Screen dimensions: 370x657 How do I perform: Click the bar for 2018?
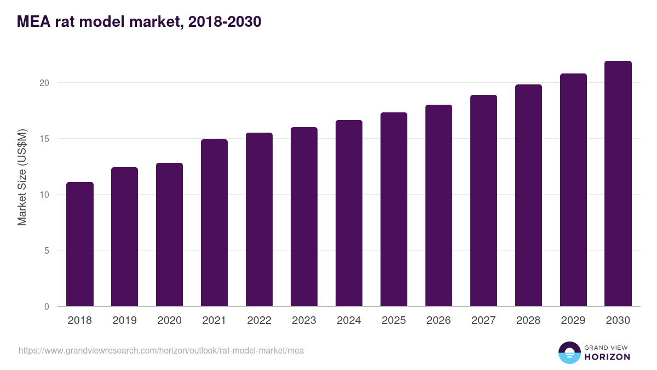coord(80,244)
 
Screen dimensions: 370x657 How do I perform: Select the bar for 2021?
coord(214,223)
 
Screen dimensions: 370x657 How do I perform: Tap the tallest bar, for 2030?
coord(618,184)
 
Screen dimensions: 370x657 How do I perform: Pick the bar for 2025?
coord(394,209)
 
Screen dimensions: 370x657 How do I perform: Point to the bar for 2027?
coord(483,201)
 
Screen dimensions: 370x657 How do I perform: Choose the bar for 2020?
coord(169,235)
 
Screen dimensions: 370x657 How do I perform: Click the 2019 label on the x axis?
coord(124,321)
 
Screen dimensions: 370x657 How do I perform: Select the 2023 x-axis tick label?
coord(304,321)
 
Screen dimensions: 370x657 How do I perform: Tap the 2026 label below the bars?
coord(439,321)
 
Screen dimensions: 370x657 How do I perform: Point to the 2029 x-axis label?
coord(573,321)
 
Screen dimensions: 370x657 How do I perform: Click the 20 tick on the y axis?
coord(44,83)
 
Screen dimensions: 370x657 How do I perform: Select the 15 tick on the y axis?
coord(44,139)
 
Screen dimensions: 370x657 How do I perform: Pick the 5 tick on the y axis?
coord(47,251)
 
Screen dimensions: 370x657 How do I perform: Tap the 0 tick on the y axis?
coord(47,306)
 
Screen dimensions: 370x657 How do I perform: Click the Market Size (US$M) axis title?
coord(22,178)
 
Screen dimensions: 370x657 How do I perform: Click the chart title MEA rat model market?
coord(139,22)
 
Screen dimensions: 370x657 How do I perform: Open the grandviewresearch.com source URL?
coord(161,350)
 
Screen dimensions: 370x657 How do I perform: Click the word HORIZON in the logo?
coord(607,357)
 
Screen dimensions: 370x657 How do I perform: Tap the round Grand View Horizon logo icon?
coord(569,352)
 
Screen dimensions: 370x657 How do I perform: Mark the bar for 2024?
coord(349,213)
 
